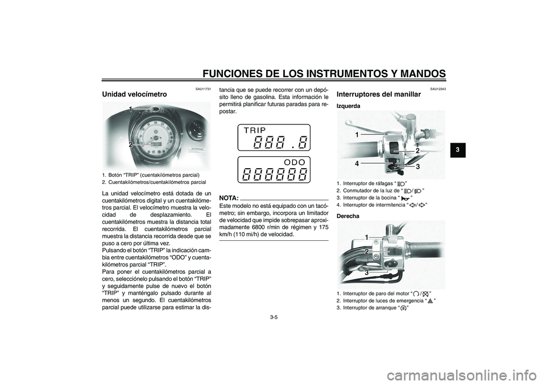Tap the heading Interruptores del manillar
pos(379,94)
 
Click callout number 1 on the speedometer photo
pos(130,109)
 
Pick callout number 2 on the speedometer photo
pos(130,145)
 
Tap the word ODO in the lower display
pos(296,162)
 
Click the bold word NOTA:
pos(229,198)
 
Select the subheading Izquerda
pos(349,106)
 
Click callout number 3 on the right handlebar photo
pos(367,273)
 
